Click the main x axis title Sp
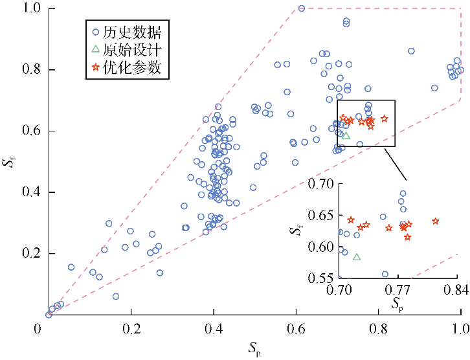point(253,350)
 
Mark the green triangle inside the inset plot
point(357,257)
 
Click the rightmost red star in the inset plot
point(436,221)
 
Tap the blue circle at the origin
point(49,315)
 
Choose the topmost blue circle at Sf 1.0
point(302,8)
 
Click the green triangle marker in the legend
point(95,49)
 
